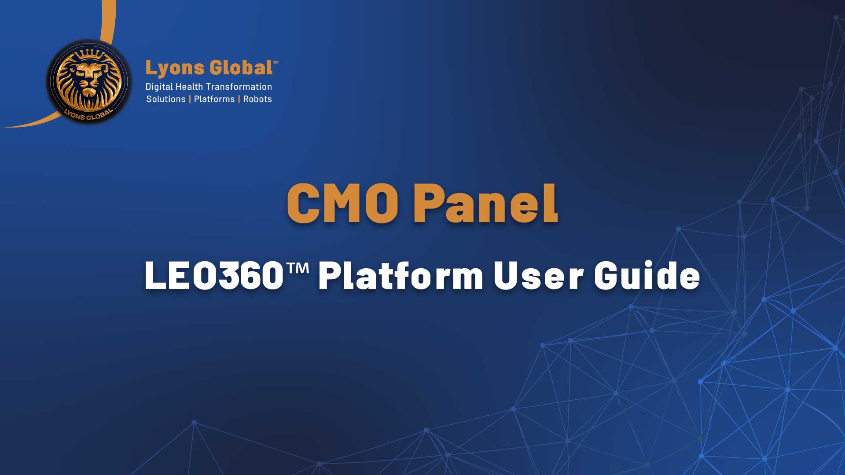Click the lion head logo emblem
click(x=89, y=82)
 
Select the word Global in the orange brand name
click(x=241, y=68)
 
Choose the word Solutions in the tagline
click(x=166, y=99)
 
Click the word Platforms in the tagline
click(x=214, y=99)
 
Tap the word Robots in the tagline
click(x=257, y=99)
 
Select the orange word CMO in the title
click(x=343, y=203)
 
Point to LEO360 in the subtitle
click(x=214, y=276)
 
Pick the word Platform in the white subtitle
click(x=401, y=276)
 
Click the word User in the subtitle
click(x=538, y=276)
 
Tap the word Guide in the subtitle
click(x=647, y=275)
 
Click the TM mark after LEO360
click(x=298, y=267)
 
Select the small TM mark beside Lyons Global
click(x=276, y=62)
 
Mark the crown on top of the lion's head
click(x=90, y=55)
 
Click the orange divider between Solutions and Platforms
click(x=190, y=99)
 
